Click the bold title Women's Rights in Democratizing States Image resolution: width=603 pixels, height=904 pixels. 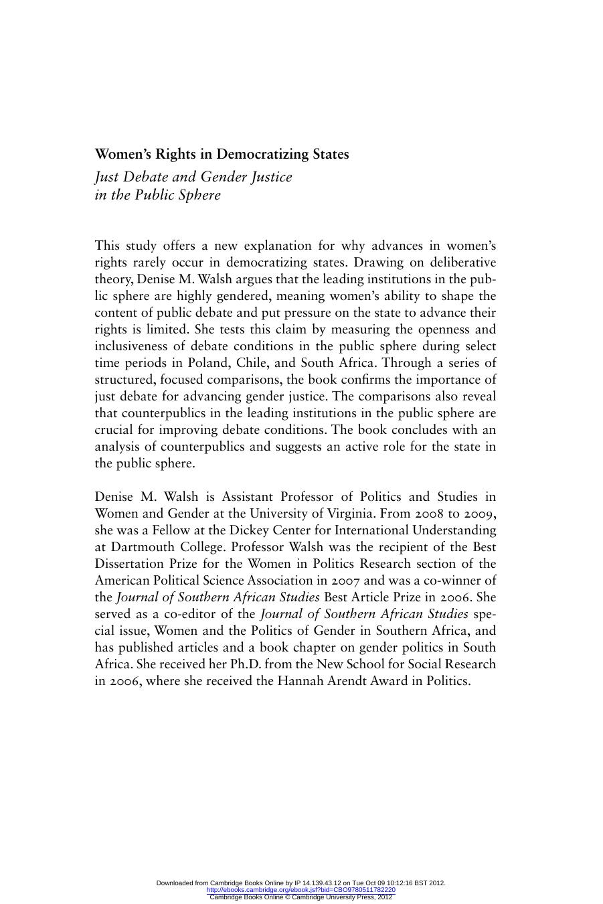point(222,154)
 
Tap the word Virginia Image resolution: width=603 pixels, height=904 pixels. point(351,514)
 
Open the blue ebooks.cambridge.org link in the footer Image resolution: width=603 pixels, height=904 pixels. point(301,890)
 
